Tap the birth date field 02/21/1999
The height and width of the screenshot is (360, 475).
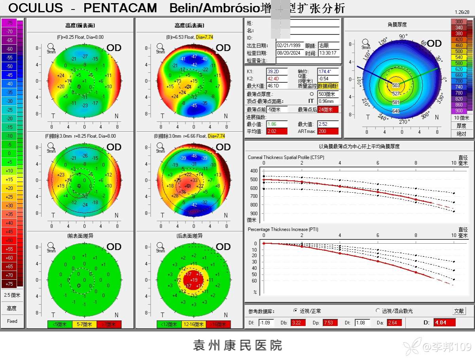290,45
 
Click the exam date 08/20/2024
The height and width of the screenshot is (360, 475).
290,53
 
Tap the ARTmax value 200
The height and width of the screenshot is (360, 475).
328,131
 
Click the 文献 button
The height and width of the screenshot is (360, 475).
459,311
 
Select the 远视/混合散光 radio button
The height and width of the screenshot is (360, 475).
378,311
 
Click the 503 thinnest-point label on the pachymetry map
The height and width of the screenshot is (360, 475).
396,85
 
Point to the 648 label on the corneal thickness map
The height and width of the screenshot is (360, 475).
396,111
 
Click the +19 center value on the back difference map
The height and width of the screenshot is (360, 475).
194,280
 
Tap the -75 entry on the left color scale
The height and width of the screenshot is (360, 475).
9,23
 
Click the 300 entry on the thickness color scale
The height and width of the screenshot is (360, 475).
459,22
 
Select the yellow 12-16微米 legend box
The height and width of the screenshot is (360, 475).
194,324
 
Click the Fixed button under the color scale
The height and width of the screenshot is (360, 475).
12,321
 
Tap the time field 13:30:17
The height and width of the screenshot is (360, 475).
329,53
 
